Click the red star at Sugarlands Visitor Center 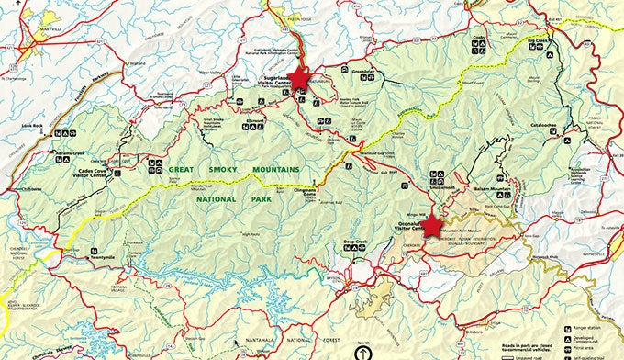tap(298, 78)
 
